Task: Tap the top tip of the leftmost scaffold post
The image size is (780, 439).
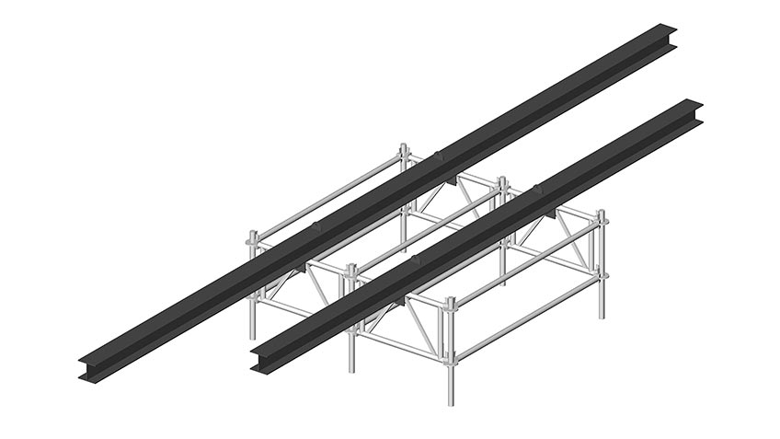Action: pos(253,232)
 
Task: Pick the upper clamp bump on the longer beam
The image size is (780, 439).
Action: pos(436,153)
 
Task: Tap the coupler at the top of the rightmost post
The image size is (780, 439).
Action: pos(602,221)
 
